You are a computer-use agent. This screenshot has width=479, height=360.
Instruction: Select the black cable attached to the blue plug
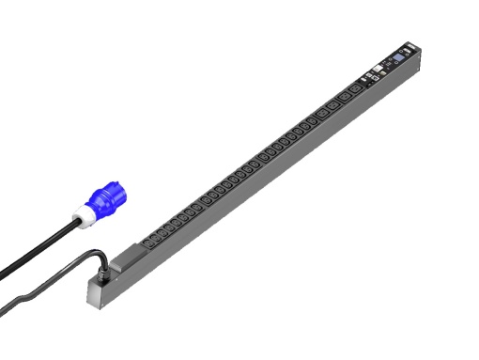[x=38, y=252]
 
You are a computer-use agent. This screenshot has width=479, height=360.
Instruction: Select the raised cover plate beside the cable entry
[x=131, y=251]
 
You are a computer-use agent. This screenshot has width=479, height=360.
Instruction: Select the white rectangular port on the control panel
[x=373, y=69]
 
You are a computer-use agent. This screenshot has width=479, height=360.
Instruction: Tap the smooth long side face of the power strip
[x=282, y=169]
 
